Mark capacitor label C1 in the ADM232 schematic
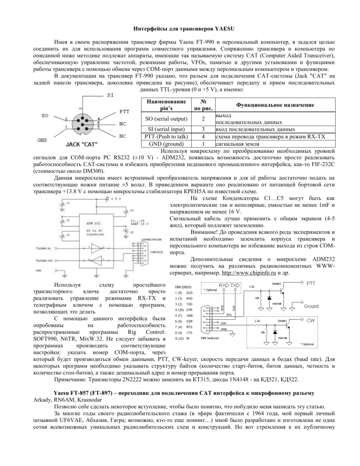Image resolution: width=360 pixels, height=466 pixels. (x=68, y=190)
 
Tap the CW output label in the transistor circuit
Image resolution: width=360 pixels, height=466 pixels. (x=310, y=320)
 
